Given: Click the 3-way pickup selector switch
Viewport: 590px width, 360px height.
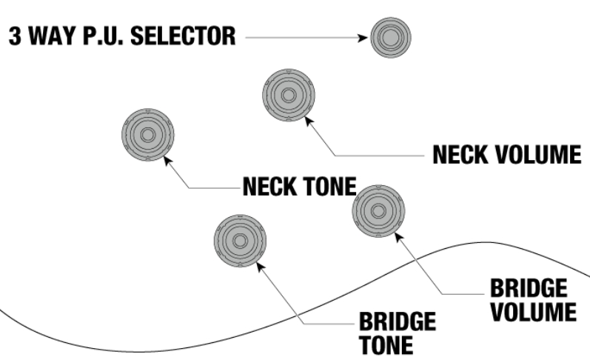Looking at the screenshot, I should tap(390, 36).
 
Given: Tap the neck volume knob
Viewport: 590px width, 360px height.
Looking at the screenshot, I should tap(289, 95).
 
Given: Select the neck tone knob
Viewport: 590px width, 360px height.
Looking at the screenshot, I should tap(147, 135).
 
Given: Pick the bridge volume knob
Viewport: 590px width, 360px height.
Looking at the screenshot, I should tap(378, 211).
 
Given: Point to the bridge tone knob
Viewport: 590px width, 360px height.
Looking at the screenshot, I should tap(240, 241).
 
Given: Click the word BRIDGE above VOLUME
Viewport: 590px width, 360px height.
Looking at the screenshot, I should tap(529, 288).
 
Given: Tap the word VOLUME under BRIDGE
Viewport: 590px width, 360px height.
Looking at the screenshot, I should tap(533, 311).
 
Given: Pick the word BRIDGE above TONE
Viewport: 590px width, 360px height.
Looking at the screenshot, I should tap(397, 322).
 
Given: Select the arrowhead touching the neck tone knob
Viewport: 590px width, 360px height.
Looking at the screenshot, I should tap(167, 159).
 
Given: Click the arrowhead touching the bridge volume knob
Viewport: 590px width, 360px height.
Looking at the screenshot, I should tap(398, 236).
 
